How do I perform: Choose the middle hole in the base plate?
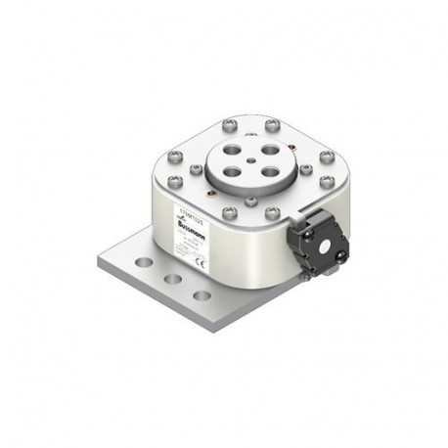(174, 279)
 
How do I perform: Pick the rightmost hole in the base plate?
(201, 294)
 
